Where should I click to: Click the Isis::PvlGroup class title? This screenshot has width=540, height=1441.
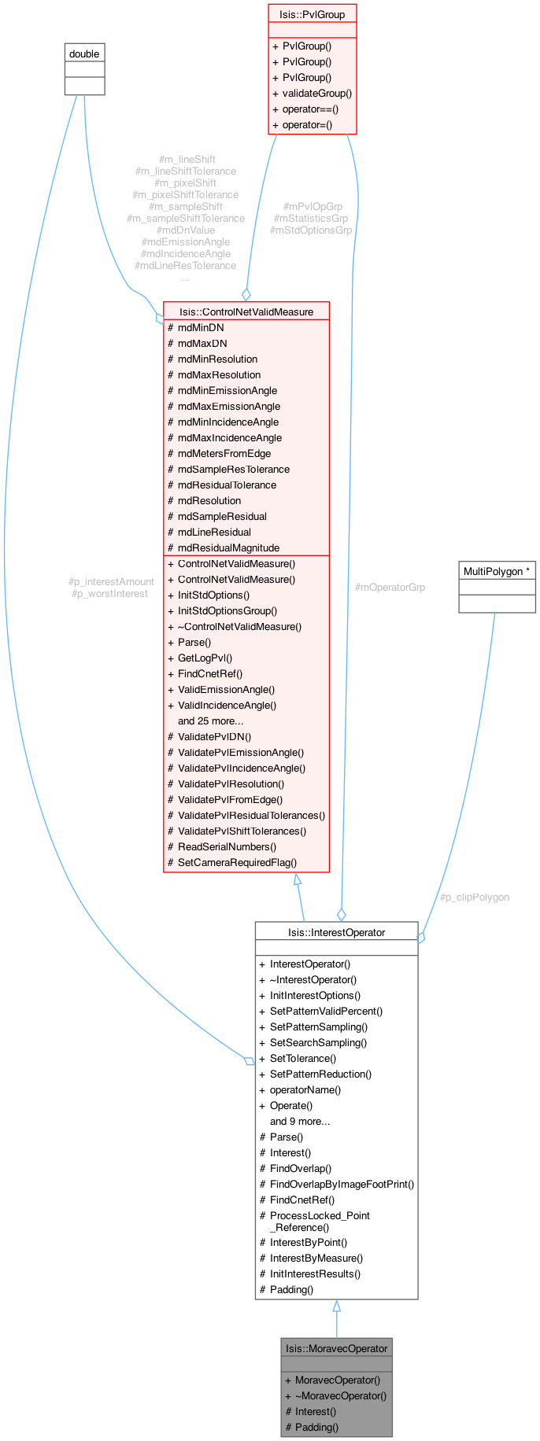click(313, 14)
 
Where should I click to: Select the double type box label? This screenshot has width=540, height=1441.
click(84, 53)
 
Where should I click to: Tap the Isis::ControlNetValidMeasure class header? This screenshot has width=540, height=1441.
click(246, 311)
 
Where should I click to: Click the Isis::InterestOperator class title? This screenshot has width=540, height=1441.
click(336, 932)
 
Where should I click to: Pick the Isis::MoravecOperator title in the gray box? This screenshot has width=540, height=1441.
click(336, 1348)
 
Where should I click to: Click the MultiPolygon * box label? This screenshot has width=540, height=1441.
click(497, 571)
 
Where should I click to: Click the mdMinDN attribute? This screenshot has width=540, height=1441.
click(201, 327)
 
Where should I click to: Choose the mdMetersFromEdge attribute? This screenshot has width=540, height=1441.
click(224, 453)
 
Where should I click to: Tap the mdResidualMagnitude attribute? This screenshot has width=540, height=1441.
click(228, 547)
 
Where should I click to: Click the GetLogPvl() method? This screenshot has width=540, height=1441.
click(205, 658)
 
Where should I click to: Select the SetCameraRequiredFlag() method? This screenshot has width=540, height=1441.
click(237, 862)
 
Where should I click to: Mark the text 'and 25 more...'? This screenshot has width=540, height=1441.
click(210, 720)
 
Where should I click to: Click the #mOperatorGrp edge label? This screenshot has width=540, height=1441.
click(390, 588)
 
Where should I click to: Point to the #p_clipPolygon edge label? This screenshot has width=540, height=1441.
click(474, 897)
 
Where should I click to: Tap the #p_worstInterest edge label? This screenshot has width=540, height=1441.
click(109, 594)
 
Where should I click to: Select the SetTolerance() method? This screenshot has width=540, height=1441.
click(303, 1058)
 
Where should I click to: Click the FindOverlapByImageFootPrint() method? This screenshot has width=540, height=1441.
click(342, 1184)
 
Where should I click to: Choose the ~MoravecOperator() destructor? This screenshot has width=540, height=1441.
click(341, 1395)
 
